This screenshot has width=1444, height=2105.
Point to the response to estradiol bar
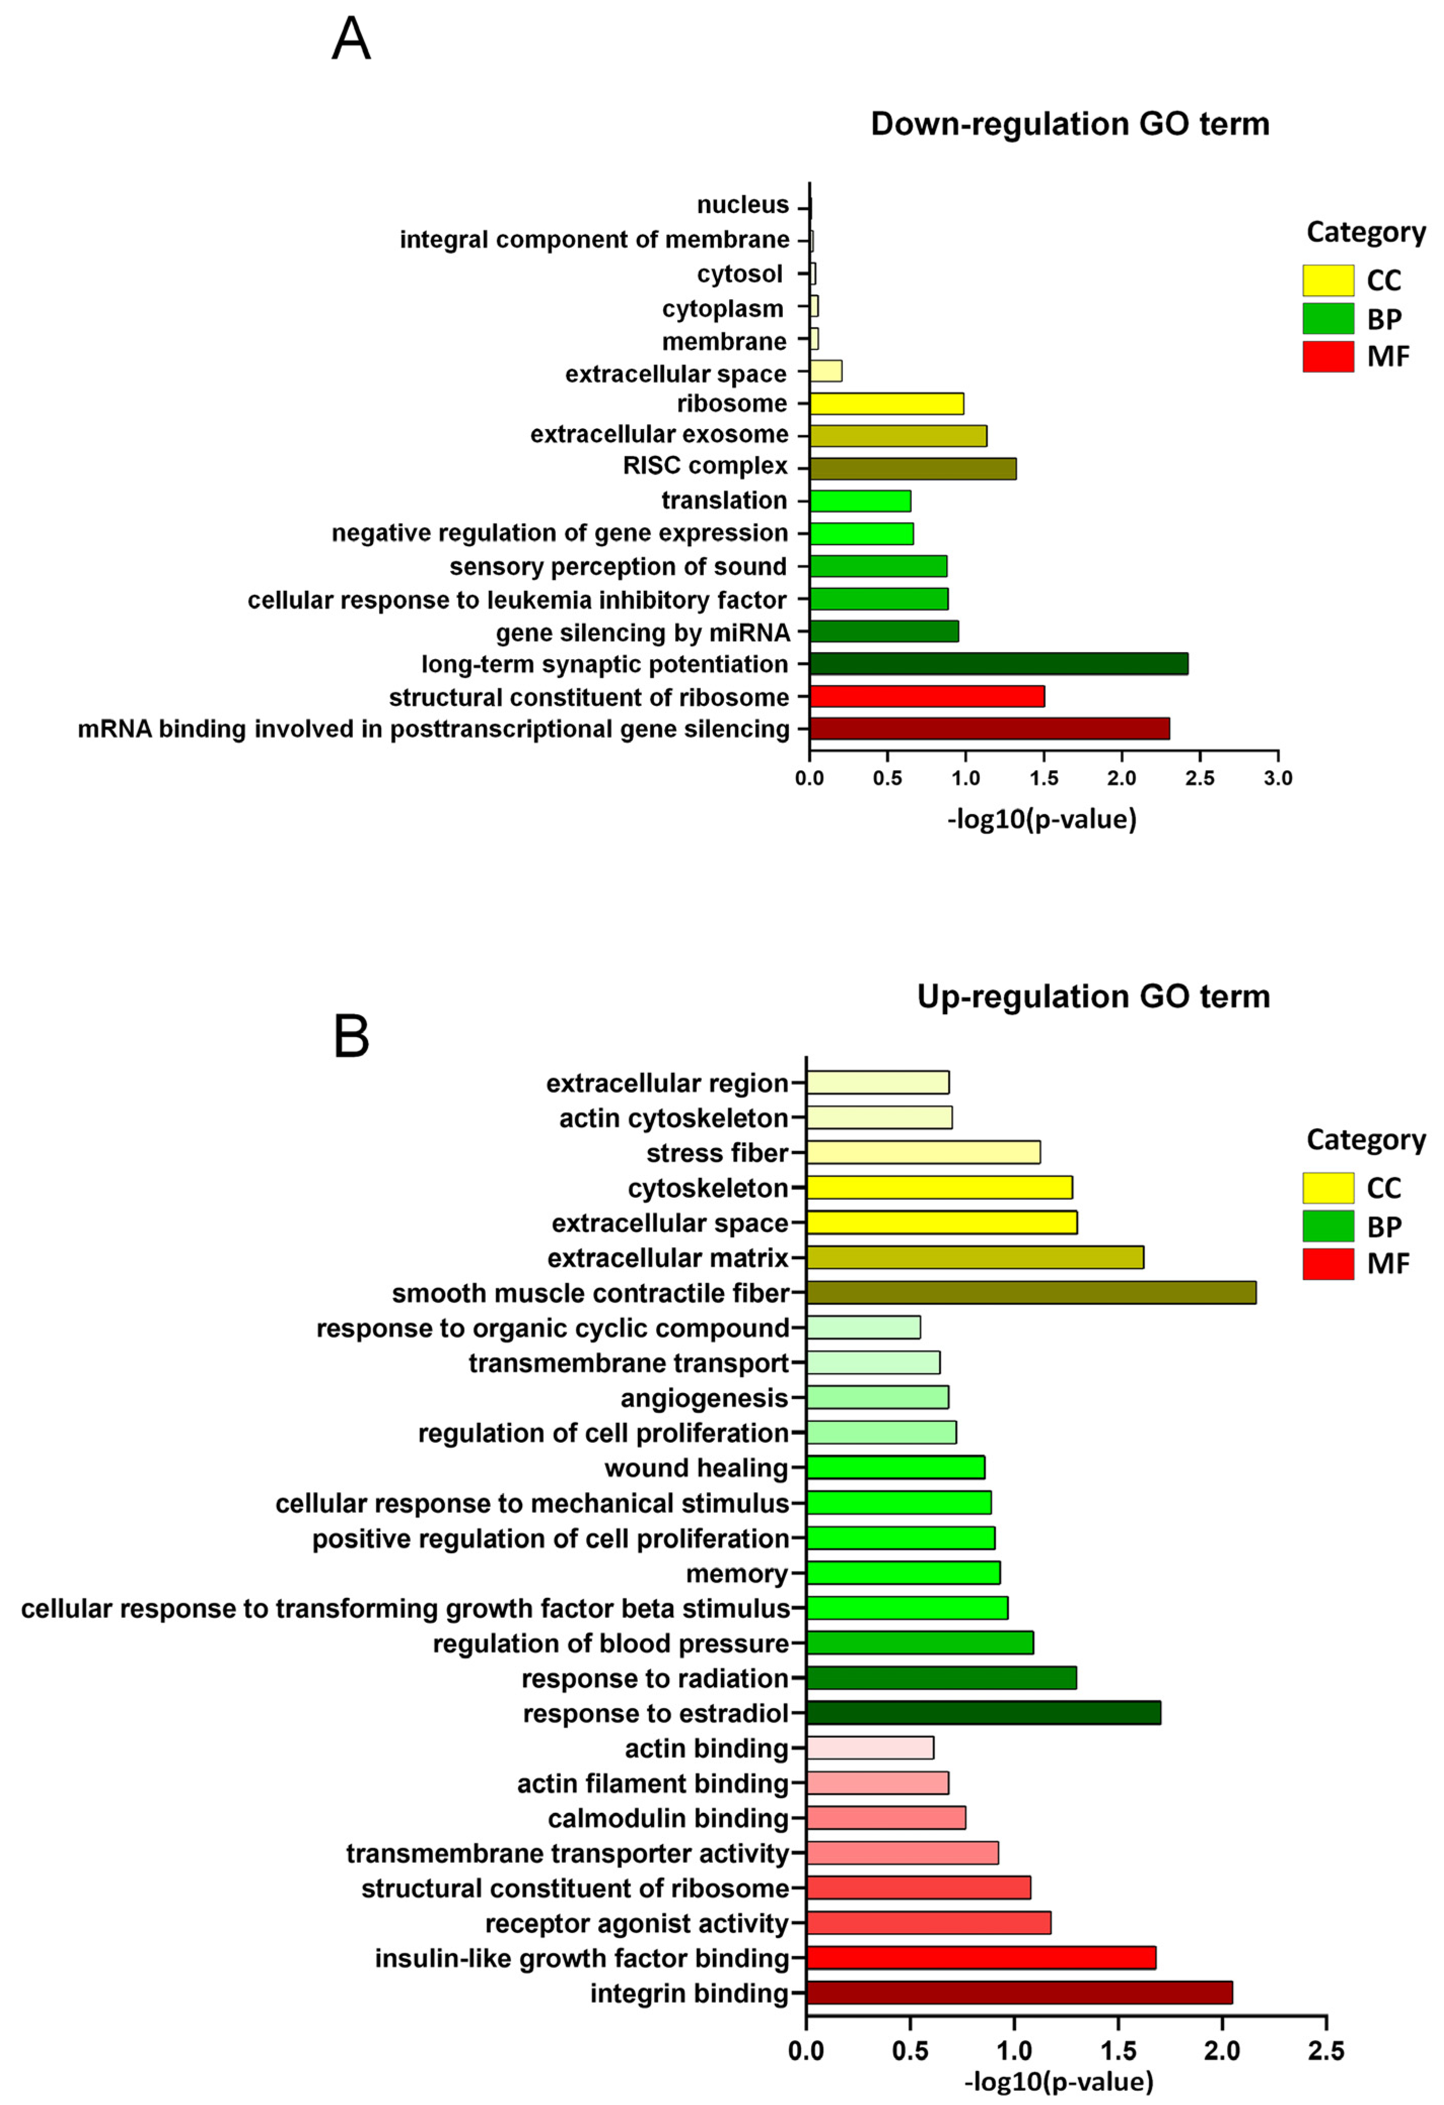983,1713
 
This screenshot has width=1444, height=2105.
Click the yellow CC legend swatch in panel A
1327,281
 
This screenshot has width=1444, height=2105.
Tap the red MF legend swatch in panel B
1327,1264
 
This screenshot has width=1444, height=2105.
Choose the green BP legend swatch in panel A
1327,319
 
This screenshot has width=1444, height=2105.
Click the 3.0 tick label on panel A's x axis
1277,778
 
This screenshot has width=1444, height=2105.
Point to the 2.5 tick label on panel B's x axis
1325,2051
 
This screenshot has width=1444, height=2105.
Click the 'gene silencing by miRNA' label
642,632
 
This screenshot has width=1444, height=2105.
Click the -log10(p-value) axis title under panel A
1041,819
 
